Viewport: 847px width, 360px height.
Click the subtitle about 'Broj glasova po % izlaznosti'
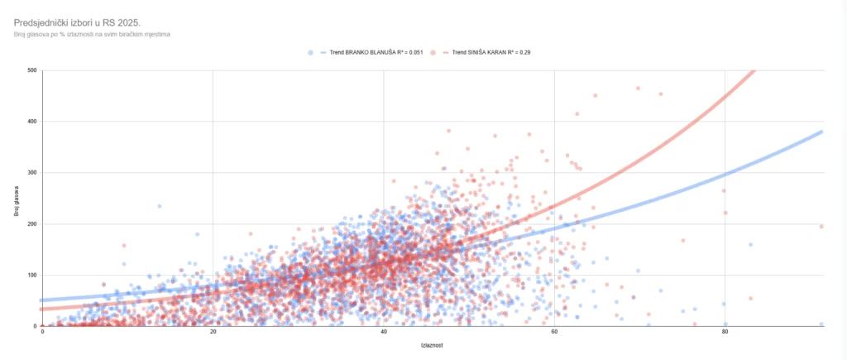pyautogui.click(x=92, y=35)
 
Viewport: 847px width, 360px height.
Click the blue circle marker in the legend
pyautogui.click(x=310, y=52)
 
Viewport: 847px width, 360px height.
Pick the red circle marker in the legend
pyautogui.click(x=433, y=52)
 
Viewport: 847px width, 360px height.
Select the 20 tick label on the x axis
pyautogui.click(x=213, y=333)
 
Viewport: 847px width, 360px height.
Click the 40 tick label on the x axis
pyautogui.click(x=384, y=333)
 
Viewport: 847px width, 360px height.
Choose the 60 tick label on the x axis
pyautogui.click(x=554, y=333)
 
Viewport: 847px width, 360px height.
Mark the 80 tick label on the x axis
pyautogui.click(x=725, y=333)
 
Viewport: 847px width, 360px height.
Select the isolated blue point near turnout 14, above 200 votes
pyautogui.click(x=160, y=206)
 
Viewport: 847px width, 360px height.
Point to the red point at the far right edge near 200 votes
pyautogui.click(x=821, y=226)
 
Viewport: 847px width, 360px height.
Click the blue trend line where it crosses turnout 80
pyautogui.click(x=725, y=175)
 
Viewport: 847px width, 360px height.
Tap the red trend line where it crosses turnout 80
pyautogui.click(x=725, y=97)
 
